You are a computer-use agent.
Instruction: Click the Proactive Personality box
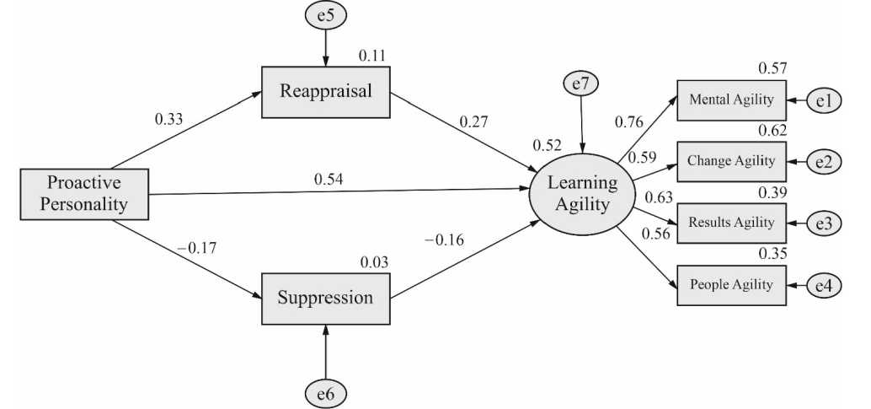(83, 193)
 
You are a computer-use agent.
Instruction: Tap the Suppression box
(326, 298)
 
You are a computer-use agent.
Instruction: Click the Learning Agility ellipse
(582, 193)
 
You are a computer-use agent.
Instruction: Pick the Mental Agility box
(731, 100)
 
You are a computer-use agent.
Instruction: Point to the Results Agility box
(731, 223)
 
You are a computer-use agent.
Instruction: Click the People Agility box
(731, 284)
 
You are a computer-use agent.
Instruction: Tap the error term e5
(326, 15)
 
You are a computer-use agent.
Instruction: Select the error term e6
(326, 392)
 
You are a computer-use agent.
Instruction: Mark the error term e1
(823, 101)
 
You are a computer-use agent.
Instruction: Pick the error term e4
(823, 285)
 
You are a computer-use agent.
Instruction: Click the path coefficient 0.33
(168, 119)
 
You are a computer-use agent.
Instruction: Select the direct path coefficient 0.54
(328, 179)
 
